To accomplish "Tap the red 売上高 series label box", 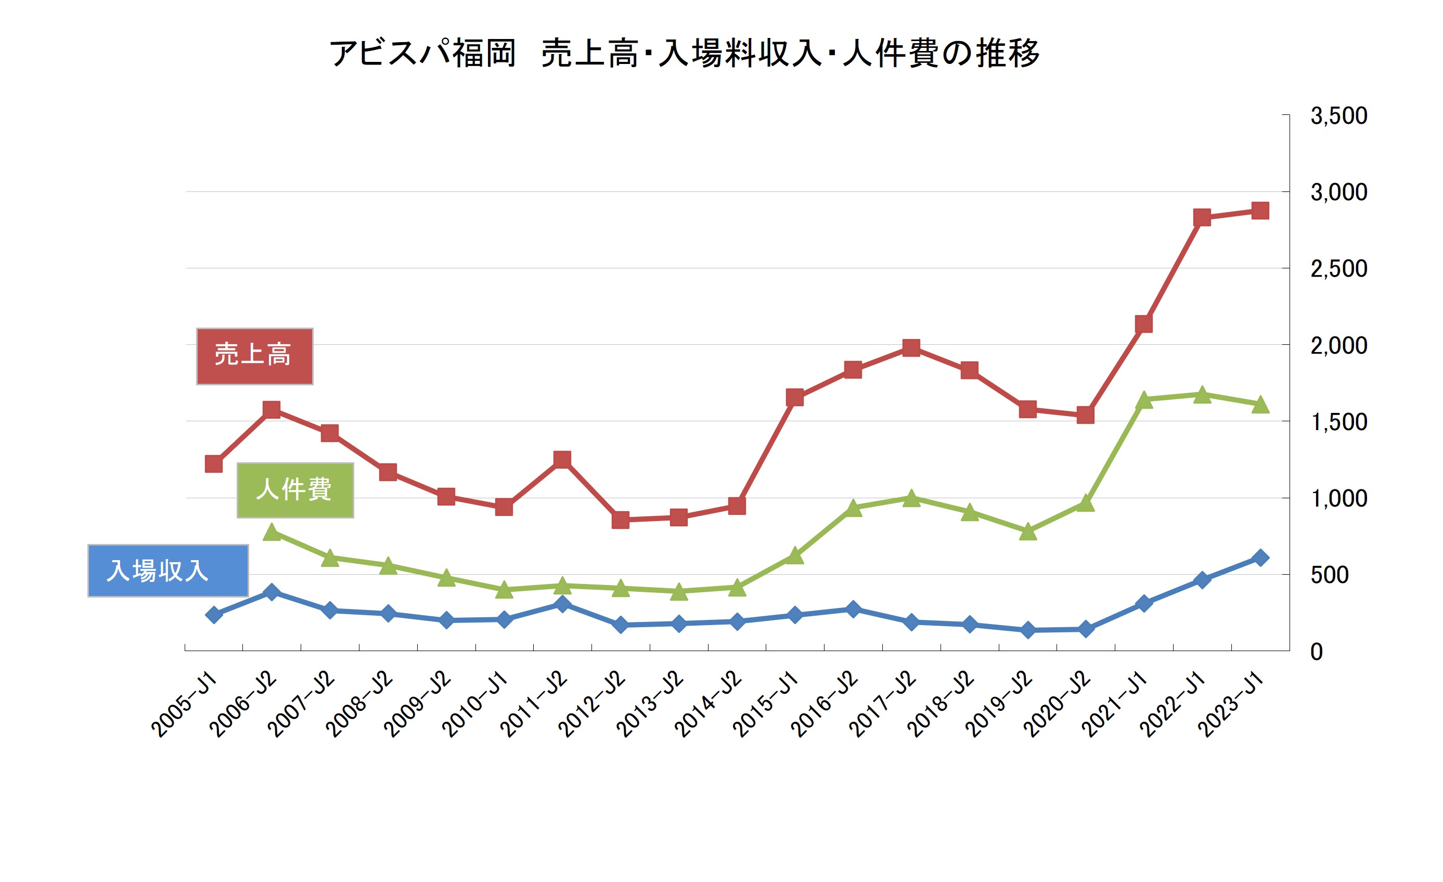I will tap(254, 356).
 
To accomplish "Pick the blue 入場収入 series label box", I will tap(168, 570).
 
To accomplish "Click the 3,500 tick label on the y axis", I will tap(1338, 116).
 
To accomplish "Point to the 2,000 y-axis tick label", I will tap(1338, 345).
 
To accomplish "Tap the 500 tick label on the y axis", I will tap(1330, 575).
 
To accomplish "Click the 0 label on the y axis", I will tap(1317, 652).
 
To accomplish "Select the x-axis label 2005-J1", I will tap(185, 705).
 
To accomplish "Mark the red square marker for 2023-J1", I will tap(1260, 211).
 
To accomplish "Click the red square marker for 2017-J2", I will tap(911, 348).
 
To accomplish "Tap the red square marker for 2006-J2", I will tap(272, 409).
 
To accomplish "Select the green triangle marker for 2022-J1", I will tap(1202, 395).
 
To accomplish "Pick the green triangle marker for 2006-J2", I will tap(272, 533).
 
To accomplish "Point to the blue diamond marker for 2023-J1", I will tap(1260, 557).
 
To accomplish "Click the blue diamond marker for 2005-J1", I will tap(214, 615).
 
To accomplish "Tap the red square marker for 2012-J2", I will tap(621, 520).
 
